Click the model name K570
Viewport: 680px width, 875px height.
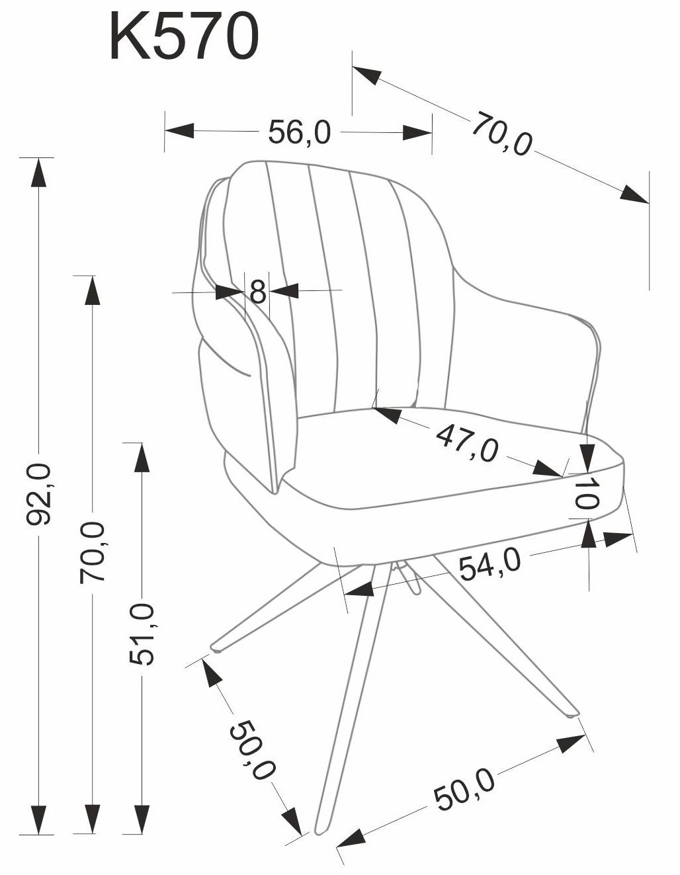(184, 37)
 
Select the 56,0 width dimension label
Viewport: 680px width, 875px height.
(299, 132)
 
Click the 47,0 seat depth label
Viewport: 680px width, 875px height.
(467, 444)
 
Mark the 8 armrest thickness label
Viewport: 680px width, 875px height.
(258, 291)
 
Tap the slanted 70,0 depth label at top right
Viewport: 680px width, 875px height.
(502, 134)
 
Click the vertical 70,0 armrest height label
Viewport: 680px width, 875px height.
(93, 552)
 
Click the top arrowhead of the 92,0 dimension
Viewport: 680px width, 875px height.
(39, 173)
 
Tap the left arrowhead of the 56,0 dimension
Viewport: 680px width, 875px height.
(179, 131)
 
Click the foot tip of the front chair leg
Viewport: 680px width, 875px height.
(320, 832)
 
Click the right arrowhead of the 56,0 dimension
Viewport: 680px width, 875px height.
(417, 132)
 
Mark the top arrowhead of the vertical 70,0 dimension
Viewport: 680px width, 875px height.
(93, 291)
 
